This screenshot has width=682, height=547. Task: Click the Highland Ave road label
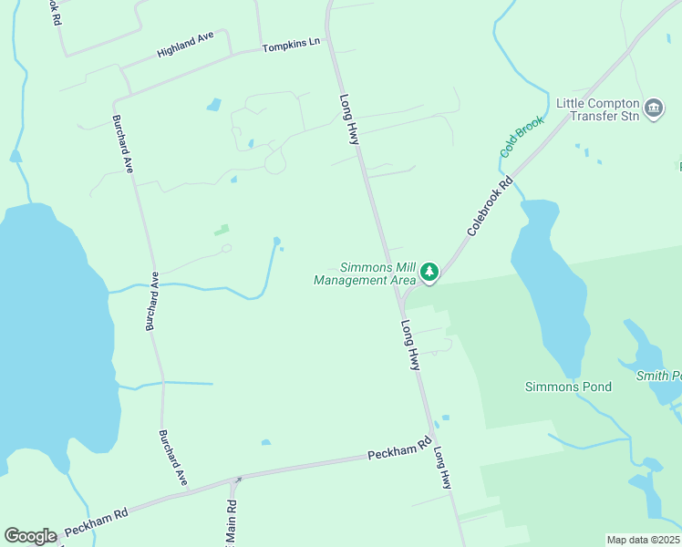click(184, 45)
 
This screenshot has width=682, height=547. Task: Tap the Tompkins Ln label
click(292, 44)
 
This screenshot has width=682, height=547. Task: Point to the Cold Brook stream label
click(522, 136)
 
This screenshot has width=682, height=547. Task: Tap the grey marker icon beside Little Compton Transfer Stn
click(654, 109)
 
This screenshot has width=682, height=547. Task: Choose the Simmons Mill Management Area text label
click(364, 273)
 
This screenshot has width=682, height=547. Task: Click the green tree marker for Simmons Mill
click(429, 272)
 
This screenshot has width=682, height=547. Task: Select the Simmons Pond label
click(568, 387)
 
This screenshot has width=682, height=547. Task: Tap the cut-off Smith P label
click(658, 375)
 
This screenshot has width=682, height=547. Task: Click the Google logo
click(30, 536)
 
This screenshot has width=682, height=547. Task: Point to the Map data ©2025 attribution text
click(644, 540)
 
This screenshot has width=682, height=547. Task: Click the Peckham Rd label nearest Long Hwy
click(399, 449)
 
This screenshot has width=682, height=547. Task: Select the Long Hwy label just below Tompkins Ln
click(350, 119)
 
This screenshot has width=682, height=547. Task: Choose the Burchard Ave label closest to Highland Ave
click(123, 145)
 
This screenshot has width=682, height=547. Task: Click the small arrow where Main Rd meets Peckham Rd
click(239, 480)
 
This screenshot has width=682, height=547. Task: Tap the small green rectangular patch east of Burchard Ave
click(222, 230)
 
